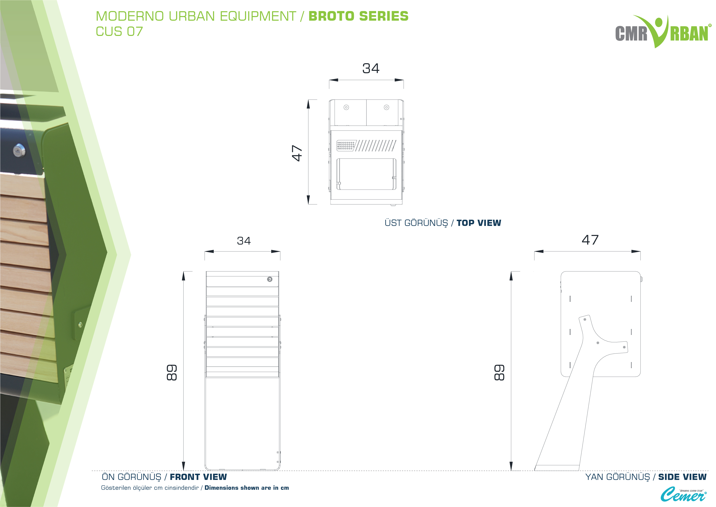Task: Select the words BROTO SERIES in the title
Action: point(358,16)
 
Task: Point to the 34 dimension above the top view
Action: point(371,68)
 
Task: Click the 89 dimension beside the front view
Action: point(172,372)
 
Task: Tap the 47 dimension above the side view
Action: point(590,240)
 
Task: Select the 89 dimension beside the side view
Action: point(499,372)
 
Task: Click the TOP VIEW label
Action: point(479,223)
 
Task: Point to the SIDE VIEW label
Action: point(682,477)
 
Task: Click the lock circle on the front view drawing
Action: point(270,279)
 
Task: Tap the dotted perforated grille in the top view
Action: point(346,145)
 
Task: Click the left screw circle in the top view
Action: point(346,107)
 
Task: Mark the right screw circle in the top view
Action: point(386,107)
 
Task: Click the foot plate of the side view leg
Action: point(557,468)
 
